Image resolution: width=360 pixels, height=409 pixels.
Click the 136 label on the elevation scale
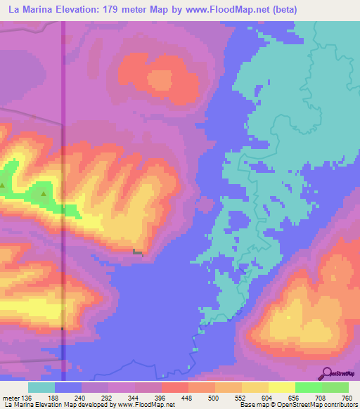click(x=26, y=397)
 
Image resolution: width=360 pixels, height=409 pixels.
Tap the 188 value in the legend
click(x=53, y=397)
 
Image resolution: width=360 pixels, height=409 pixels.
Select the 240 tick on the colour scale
click(x=80, y=397)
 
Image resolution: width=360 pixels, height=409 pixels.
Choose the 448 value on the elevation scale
click(x=188, y=397)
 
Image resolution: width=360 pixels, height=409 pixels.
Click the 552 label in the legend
click(x=241, y=397)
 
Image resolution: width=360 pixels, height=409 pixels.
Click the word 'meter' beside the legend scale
click(x=10, y=397)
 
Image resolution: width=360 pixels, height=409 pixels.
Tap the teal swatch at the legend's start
click(x=41, y=387)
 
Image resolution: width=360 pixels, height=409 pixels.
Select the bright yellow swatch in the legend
click(x=282, y=387)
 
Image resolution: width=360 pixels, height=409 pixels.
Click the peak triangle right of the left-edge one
click(x=44, y=193)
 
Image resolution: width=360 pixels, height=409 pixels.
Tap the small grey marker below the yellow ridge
click(x=139, y=251)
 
